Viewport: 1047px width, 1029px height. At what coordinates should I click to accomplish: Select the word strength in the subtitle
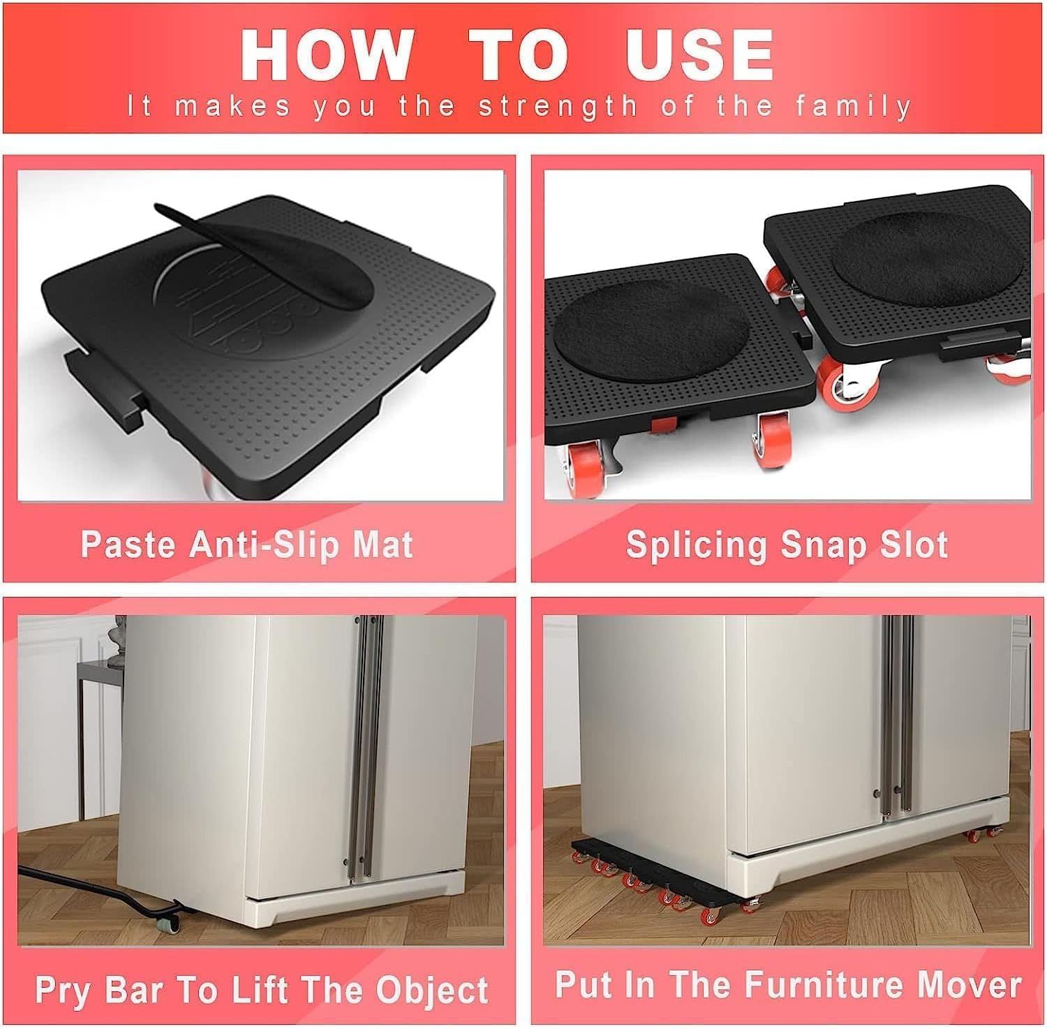pos(558,107)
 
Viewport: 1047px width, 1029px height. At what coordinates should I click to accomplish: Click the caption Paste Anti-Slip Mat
pos(247,544)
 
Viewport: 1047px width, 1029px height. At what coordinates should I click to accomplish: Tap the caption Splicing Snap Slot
pos(787,544)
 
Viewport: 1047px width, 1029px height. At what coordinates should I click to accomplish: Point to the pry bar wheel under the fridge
pos(170,923)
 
